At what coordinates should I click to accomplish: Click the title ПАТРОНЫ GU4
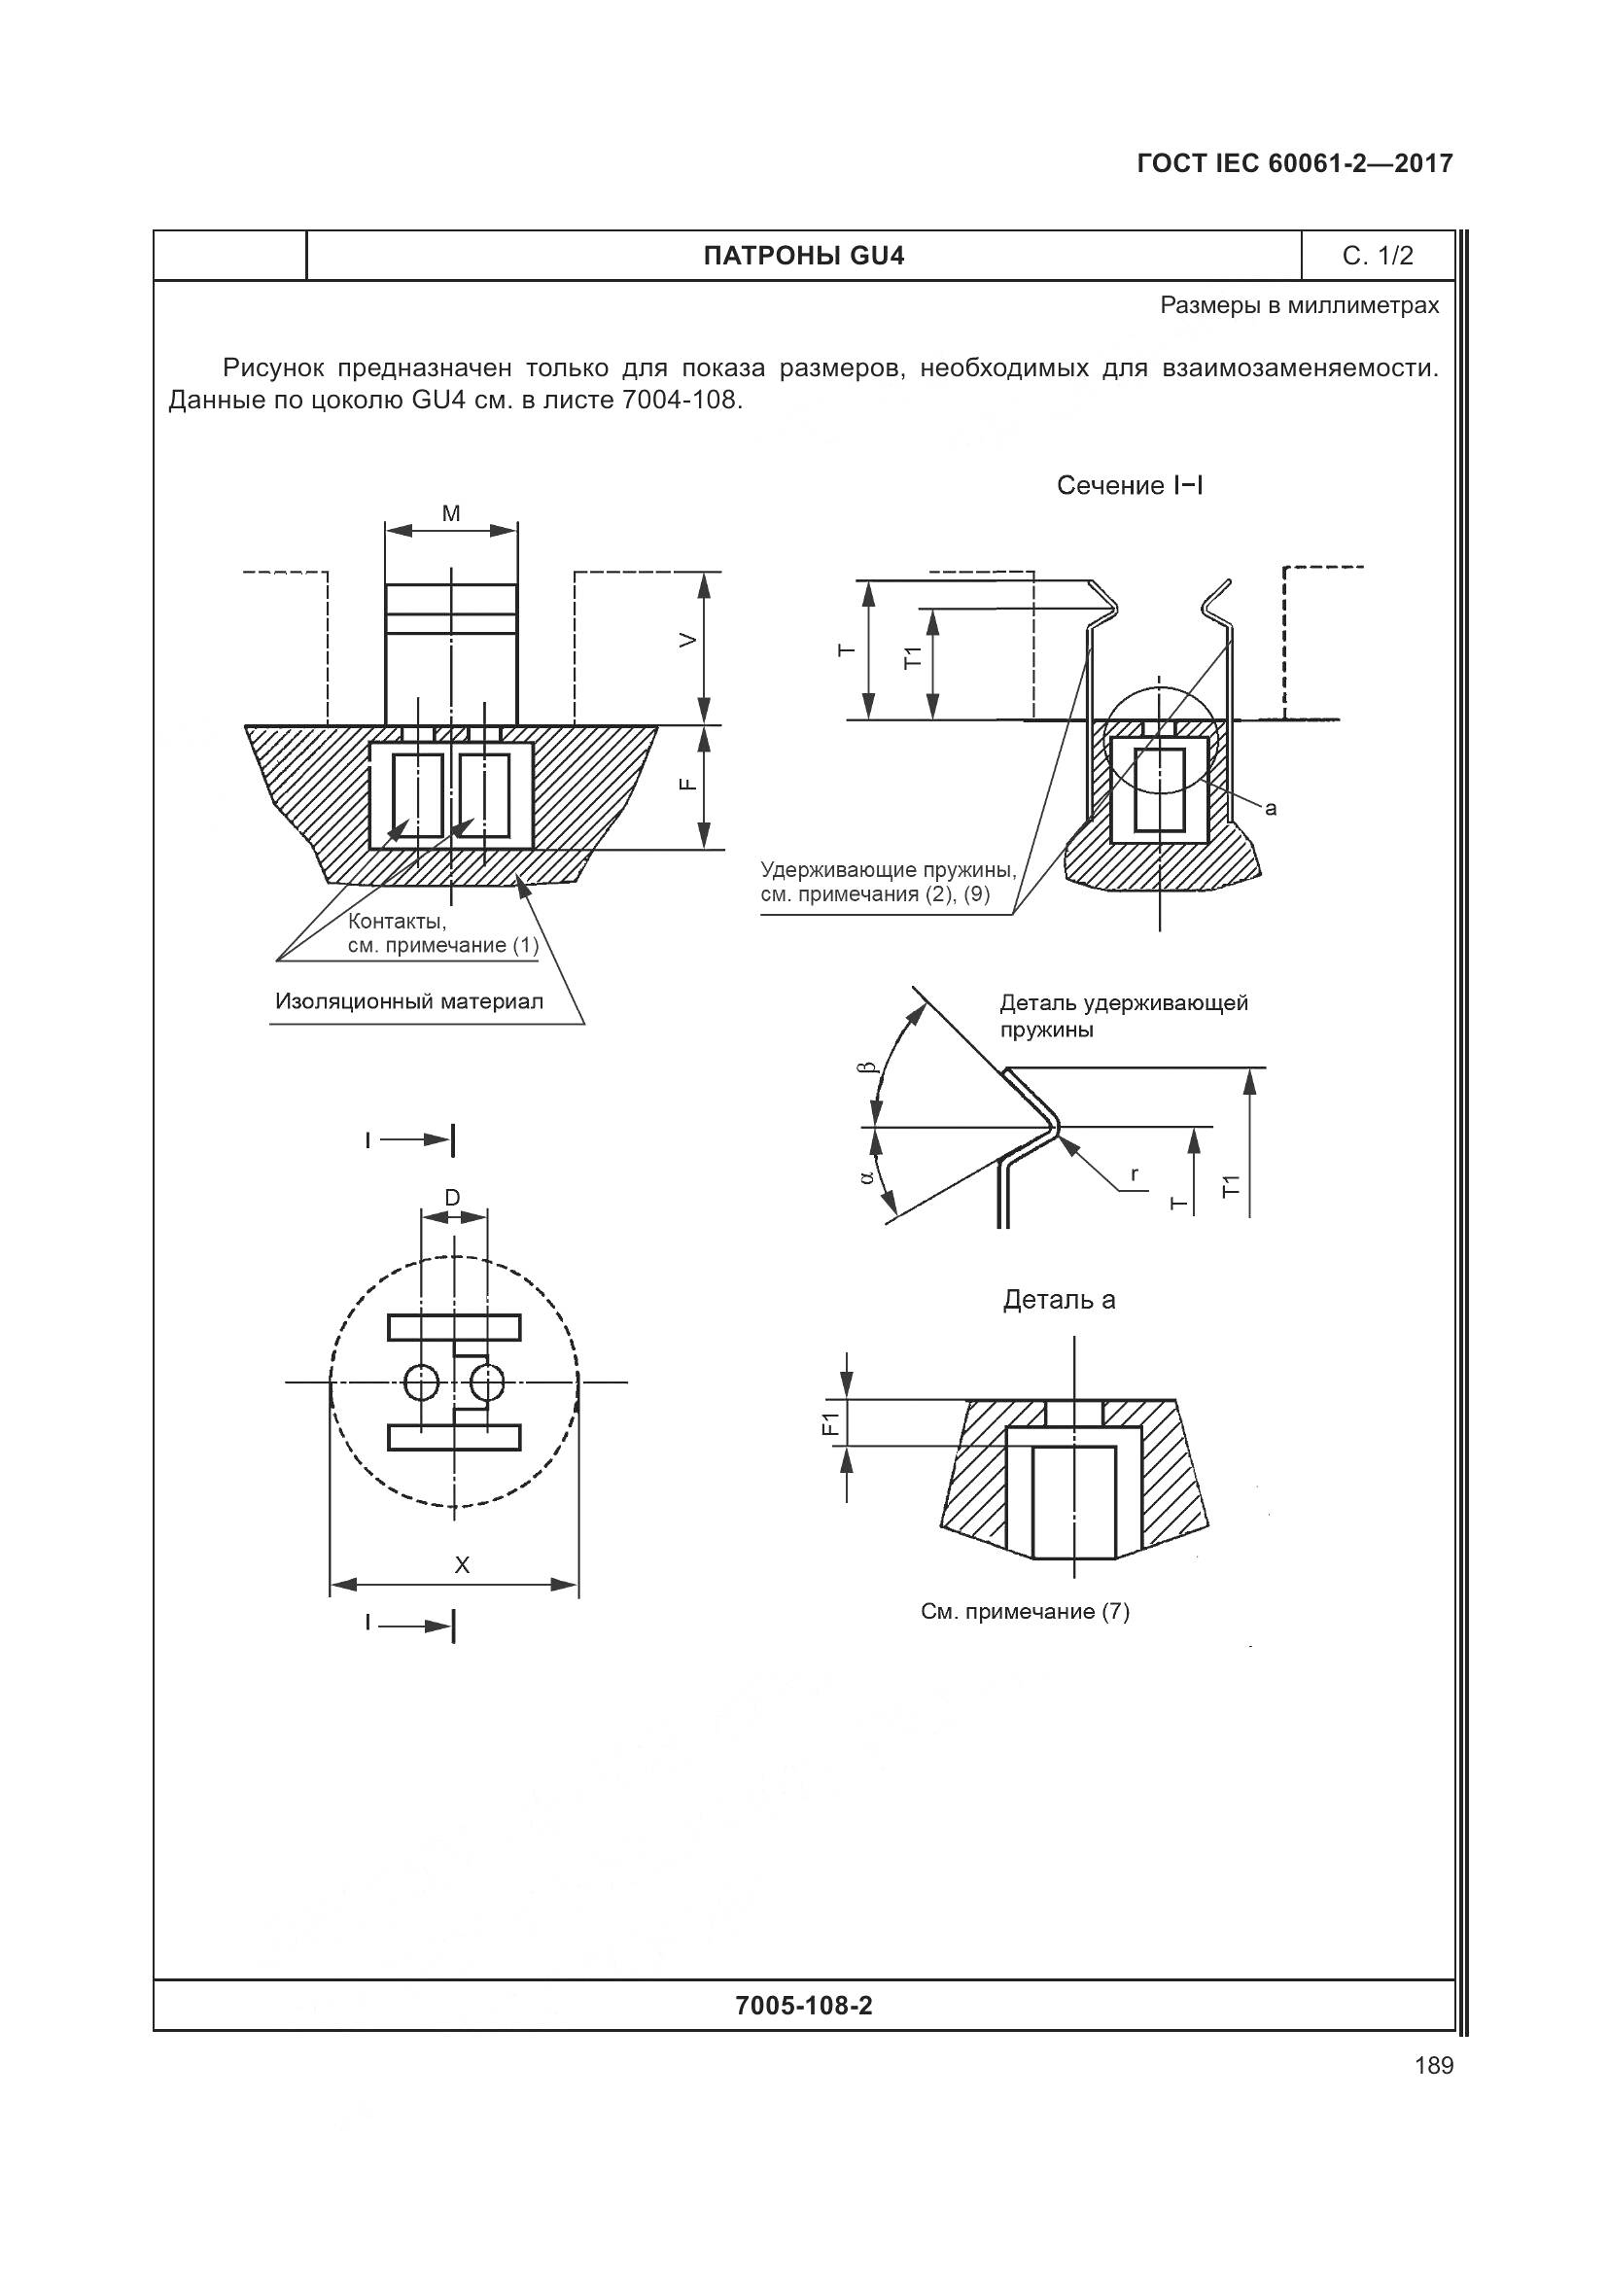pyautogui.click(x=803, y=257)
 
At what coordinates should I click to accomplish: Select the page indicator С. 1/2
pyautogui.click(x=1378, y=257)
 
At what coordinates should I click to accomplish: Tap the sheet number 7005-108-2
pyautogui.click(x=804, y=2006)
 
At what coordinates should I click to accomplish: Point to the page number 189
pyautogui.click(x=1434, y=2066)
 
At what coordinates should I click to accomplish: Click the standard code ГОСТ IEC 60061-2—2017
pyautogui.click(x=1295, y=163)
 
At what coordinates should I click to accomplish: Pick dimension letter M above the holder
pyautogui.click(x=451, y=513)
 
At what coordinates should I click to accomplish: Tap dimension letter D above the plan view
pyautogui.click(x=451, y=1199)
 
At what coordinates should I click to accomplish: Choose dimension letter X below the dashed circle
pyautogui.click(x=462, y=1566)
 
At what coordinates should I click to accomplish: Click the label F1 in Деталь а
pyautogui.click(x=830, y=1423)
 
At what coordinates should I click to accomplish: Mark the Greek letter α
pyautogui.click(x=867, y=1176)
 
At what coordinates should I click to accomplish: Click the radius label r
pyautogui.click(x=1135, y=1174)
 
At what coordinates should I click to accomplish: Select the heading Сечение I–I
pyautogui.click(x=1130, y=485)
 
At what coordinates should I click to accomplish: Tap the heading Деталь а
pyautogui.click(x=1059, y=1300)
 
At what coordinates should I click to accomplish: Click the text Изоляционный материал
pyautogui.click(x=409, y=1001)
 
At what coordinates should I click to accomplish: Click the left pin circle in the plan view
pyautogui.click(x=421, y=1382)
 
